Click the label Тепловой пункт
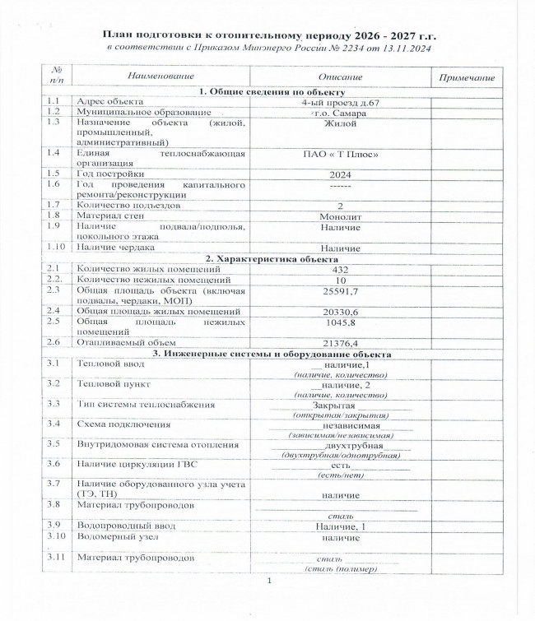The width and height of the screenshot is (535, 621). click(x=114, y=383)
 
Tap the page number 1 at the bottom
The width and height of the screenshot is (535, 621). click(x=268, y=582)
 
